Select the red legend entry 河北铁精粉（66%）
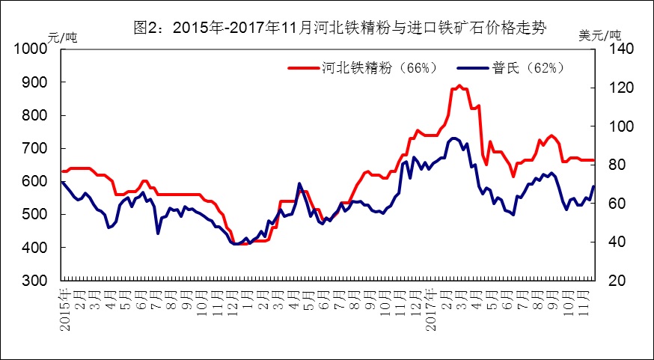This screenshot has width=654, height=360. coord(382,67)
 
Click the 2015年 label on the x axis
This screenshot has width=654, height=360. coord(64,308)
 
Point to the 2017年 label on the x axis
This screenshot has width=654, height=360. coord(429,308)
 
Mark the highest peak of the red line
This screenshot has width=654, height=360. coord(459,85)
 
